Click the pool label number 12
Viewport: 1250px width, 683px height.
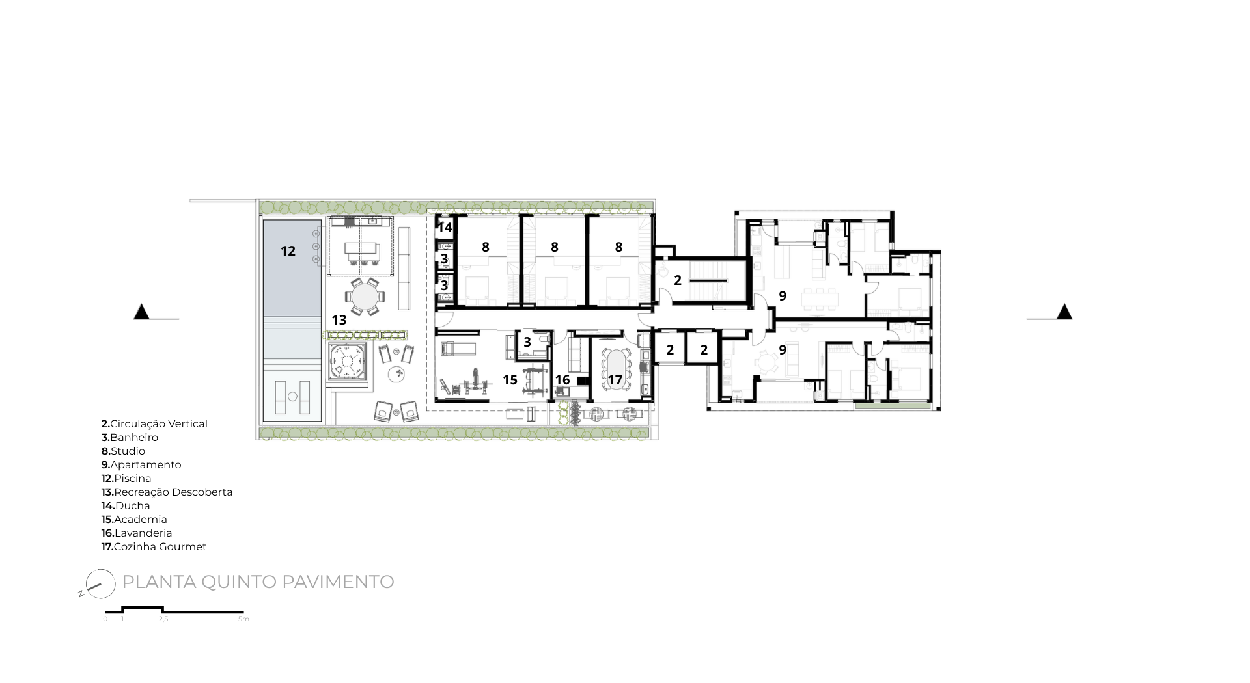tap(288, 251)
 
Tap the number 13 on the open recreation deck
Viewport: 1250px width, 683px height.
tap(339, 320)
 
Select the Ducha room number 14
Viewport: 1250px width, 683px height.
tap(445, 228)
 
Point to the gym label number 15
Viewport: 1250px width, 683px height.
tap(510, 379)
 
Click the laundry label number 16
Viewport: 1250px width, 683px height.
tap(562, 379)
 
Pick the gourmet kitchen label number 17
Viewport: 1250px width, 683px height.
tap(615, 379)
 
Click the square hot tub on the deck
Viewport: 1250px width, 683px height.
tap(349, 362)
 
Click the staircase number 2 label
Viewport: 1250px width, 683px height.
tap(678, 280)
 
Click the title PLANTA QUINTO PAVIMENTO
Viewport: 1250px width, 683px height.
tap(258, 582)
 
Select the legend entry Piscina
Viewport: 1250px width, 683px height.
tap(126, 478)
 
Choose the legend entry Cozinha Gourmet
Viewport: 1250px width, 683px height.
tap(154, 546)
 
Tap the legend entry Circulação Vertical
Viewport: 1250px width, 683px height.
tap(154, 423)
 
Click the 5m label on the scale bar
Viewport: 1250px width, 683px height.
tap(243, 619)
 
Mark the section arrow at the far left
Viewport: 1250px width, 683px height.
tap(141, 312)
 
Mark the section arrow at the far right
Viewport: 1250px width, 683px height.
tap(1064, 312)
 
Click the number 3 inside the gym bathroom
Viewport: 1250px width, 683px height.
tap(527, 341)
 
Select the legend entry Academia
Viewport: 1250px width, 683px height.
tap(134, 519)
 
